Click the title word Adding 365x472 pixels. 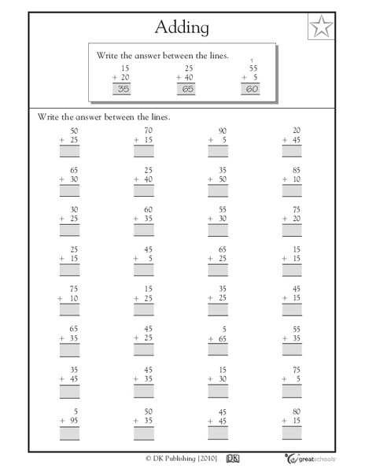(x=182, y=28)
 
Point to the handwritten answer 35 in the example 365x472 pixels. (x=121, y=89)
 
